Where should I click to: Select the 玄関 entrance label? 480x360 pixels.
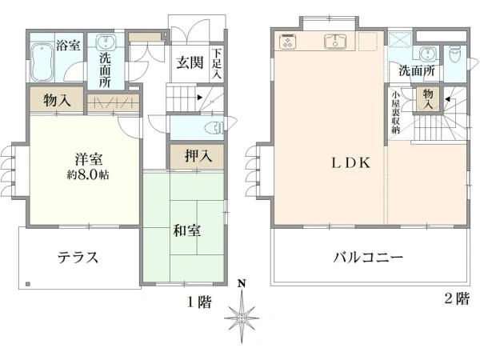click(x=189, y=63)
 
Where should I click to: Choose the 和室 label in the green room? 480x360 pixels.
click(x=186, y=231)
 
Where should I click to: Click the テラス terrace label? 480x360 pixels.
click(x=78, y=258)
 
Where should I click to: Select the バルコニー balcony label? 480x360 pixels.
click(x=368, y=258)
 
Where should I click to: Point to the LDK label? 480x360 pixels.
click(x=351, y=162)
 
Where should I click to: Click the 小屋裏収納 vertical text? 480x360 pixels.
click(x=395, y=116)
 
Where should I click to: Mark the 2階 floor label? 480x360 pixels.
click(x=456, y=299)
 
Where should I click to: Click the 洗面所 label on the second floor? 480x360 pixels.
click(x=417, y=71)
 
